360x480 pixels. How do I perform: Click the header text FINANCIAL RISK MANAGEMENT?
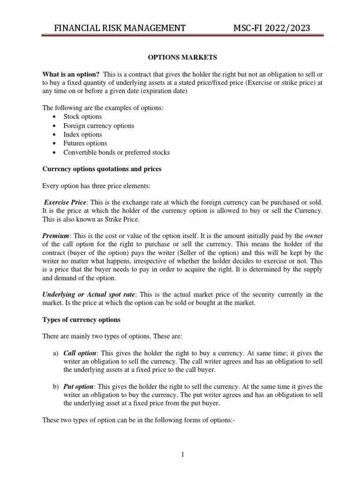(x=120, y=28)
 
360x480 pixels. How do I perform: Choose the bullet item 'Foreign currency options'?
(x=98, y=126)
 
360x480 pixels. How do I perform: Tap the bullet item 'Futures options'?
(x=85, y=143)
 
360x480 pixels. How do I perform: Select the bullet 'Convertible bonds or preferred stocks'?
(x=117, y=152)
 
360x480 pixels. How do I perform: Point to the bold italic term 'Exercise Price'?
(x=65, y=202)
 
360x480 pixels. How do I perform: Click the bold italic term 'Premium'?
(x=56, y=235)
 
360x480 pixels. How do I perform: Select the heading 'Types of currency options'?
(x=82, y=320)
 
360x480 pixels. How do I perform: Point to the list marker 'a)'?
(x=55, y=352)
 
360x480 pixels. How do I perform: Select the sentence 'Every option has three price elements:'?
(x=97, y=186)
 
